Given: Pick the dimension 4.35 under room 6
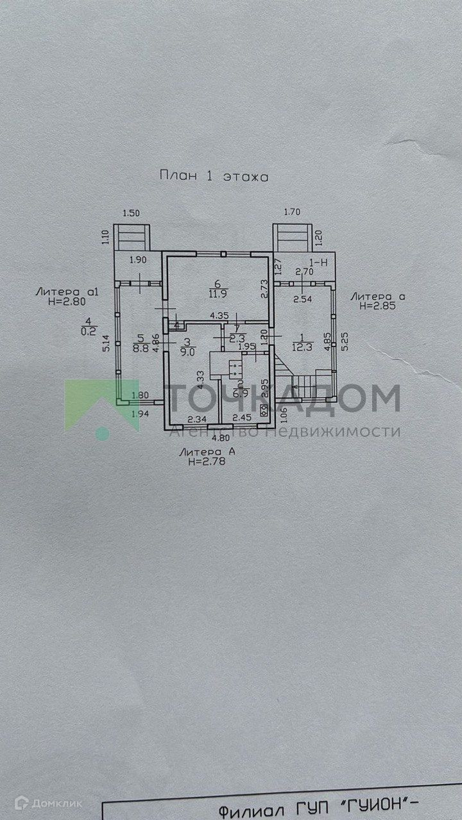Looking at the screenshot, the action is click(x=220, y=315).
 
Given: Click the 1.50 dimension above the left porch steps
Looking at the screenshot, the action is click(x=131, y=213).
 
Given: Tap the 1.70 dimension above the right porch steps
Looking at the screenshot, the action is click(x=292, y=212).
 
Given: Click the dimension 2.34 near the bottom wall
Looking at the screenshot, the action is click(x=196, y=419).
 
